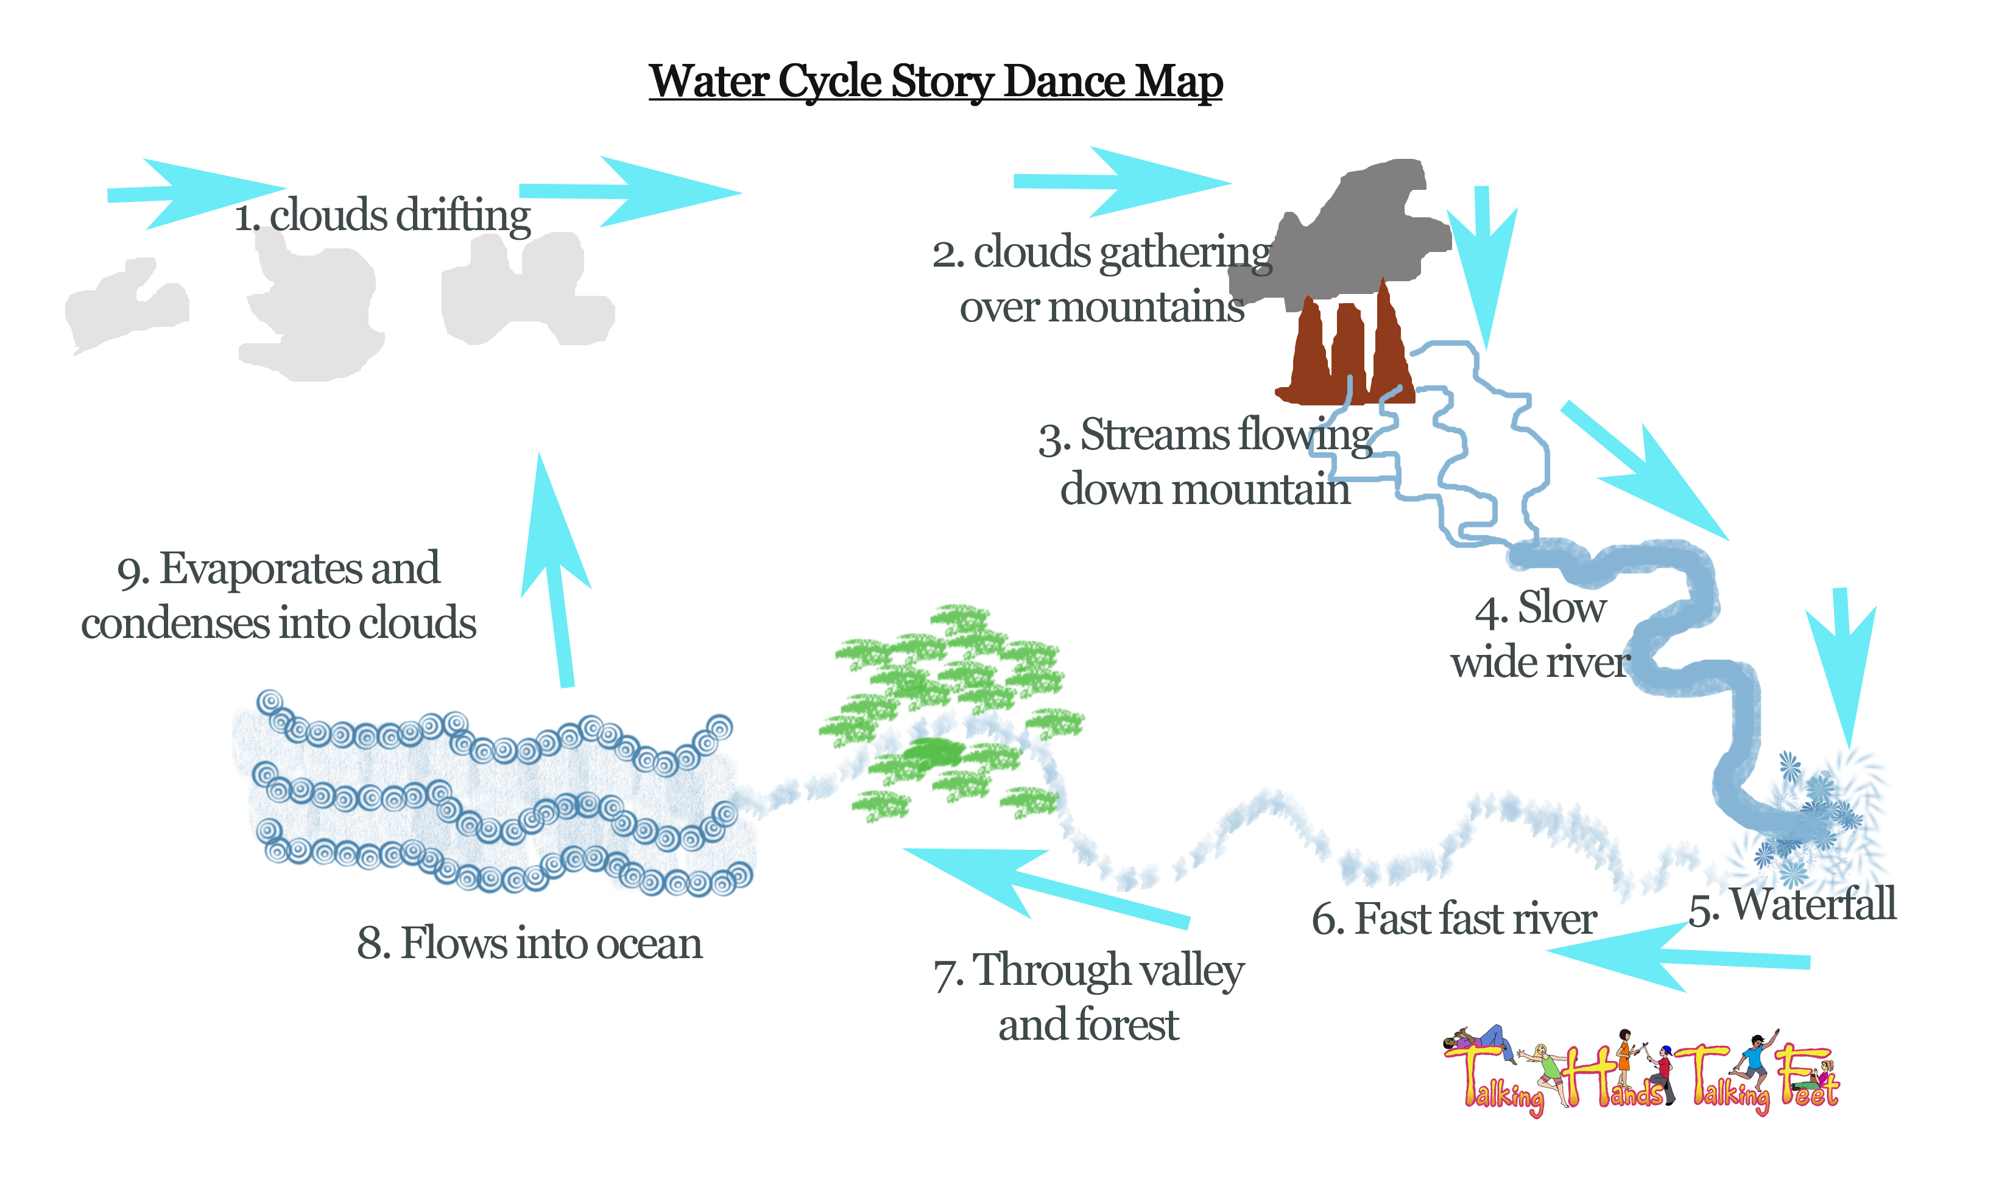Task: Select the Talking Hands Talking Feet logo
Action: click(1640, 1072)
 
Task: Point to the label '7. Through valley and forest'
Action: click(1088, 996)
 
